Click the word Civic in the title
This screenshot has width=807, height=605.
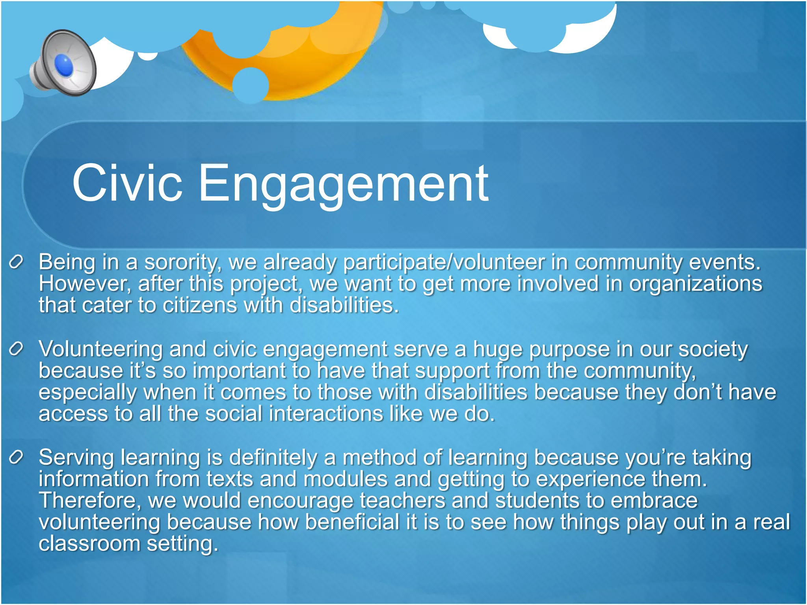pyautogui.click(x=127, y=184)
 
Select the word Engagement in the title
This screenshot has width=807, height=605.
pyautogui.click(x=343, y=185)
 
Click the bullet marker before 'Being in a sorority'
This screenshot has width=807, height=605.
pyautogui.click(x=16, y=262)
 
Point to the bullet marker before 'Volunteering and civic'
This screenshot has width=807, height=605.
pyautogui.click(x=16, y=349)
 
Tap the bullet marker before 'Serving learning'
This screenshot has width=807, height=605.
pyautogui.click(x=16, y=457)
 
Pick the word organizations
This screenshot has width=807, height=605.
pyautogui.click(x=695, y=284)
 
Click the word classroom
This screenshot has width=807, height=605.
pyautogui.click(x=89, y=544)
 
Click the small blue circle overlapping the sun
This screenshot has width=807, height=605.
pyautogui.click(x=251, y=85)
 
